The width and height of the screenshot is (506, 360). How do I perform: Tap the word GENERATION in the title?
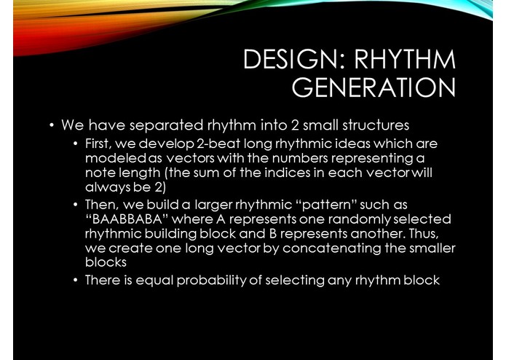(x=373, y=87)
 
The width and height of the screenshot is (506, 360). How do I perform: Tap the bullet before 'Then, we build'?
(x=76, y=206)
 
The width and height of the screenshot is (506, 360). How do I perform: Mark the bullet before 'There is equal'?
(x=76, y=281)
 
